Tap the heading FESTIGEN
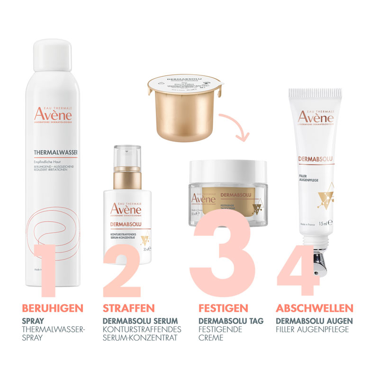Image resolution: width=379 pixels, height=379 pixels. [x=223, y=308]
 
